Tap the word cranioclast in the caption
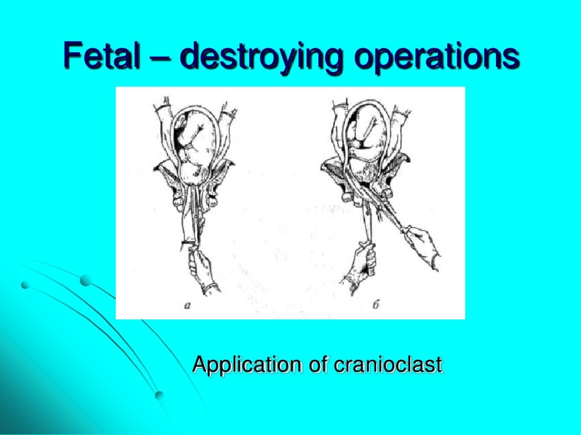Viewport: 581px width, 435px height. pos(387,364)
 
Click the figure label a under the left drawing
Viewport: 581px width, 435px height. pos(187,305)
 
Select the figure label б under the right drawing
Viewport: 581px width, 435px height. pos(375,306)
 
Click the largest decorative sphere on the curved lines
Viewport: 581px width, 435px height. pos(85,280)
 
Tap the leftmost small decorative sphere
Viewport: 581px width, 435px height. pos(25,285)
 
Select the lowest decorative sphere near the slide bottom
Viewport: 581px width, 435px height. pos(159,395)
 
